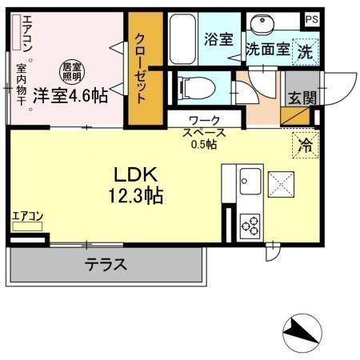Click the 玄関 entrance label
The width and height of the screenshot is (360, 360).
[x=302, y=98]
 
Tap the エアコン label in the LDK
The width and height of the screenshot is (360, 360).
[x=27, y=215]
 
